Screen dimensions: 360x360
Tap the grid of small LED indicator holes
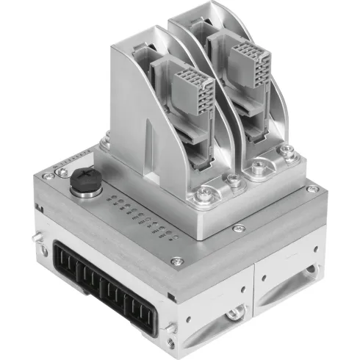(144, 217)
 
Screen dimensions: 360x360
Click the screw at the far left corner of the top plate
(48, 176)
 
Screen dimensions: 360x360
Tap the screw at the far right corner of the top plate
(312, 189)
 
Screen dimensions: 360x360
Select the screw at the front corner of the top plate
(176, 261)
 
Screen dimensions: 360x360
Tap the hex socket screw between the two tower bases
(233, 179)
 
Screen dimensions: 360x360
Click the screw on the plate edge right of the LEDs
(237, 228)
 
